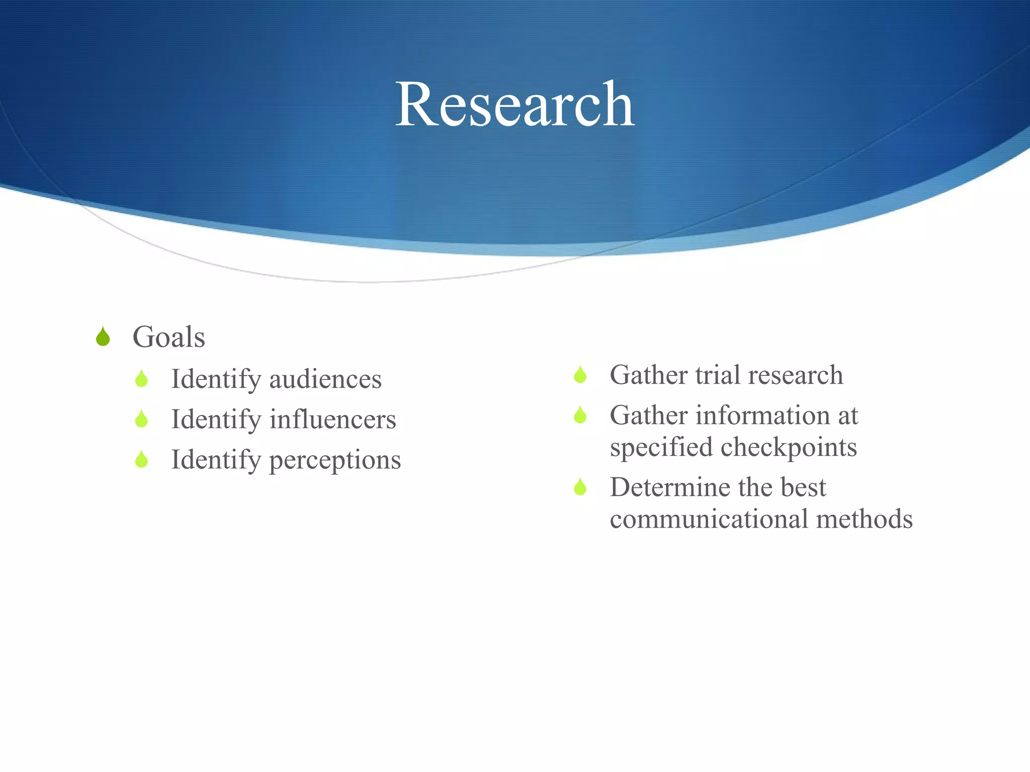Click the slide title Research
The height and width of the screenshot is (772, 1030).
click(514, 105)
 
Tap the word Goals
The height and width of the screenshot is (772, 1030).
click(168, 337)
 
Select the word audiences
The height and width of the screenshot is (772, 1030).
click(325, 379)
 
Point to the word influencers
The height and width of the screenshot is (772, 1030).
click(332, 419)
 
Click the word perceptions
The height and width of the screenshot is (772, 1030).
click(335, 460)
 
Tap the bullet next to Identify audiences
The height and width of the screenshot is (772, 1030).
click(141, 378)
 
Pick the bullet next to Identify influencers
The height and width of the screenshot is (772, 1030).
click(141, 419)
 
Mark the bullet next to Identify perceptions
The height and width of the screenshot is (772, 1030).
click(141, 459)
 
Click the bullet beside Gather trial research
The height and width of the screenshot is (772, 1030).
click(580, 374)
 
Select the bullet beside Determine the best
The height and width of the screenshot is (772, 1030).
click(580, 487)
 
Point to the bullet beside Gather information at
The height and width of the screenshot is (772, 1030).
click(580, 415)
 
